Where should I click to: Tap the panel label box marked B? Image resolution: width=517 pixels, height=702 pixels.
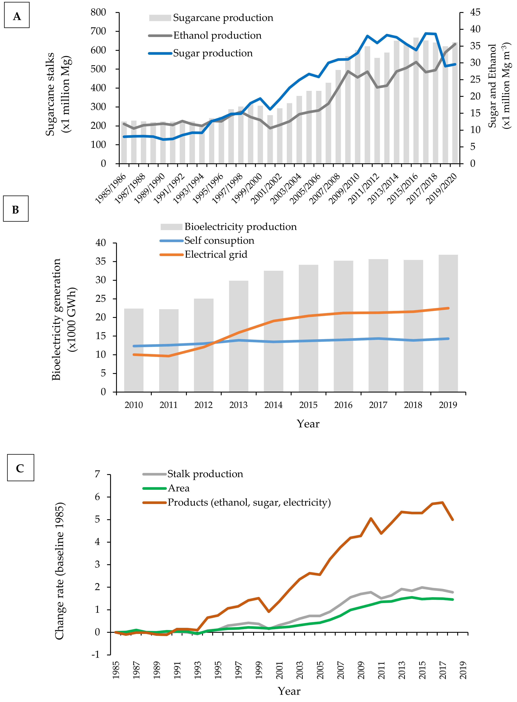pyautogui.click(x=16, y=209)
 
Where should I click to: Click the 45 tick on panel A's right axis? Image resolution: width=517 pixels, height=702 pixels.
pyautogui.click(x=475, y=12)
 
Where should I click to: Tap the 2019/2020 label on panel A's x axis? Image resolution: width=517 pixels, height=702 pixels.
pyautogui.click(x=442, y=188)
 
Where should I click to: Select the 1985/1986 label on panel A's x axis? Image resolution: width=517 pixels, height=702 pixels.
pyautogui.click(x=111, y=188)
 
